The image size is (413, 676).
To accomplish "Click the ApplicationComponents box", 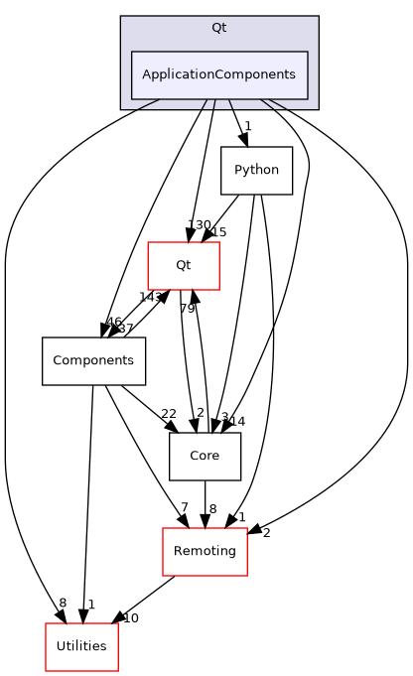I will coord(219,74).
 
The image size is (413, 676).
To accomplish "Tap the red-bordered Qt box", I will coord(184,265).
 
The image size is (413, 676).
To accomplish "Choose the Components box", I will coord(93,361).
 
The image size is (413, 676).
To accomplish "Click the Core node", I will coord(205,457).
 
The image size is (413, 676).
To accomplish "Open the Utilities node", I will coord(81,647).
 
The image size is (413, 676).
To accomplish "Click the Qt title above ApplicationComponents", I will coord(219,27).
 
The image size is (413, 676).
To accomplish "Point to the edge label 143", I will coord(149,298).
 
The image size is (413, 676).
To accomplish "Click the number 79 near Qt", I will coord(187,309).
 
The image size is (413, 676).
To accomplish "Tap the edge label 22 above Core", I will coord(168,414).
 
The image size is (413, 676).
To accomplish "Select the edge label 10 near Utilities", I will coord(130,618).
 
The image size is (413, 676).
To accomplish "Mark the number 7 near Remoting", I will coord(184,508).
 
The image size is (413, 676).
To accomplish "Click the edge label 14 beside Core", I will coord(237,421).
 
